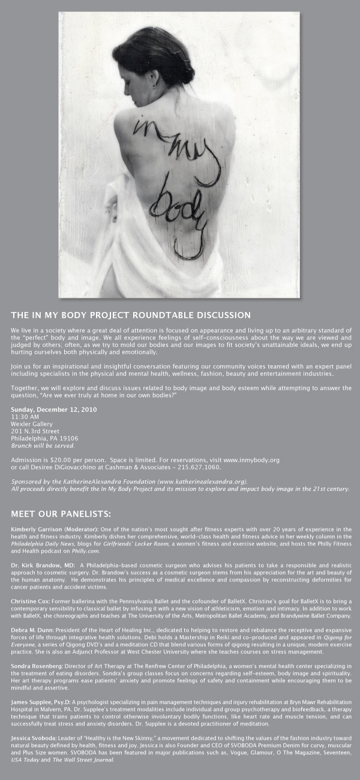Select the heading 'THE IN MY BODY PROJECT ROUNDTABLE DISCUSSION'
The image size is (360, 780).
pyautogui.click(x=131, y=315)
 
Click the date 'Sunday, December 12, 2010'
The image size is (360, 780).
pyautogui.click(x=54, y=409)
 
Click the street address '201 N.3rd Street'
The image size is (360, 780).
pyautogui.click(x=35, y=431)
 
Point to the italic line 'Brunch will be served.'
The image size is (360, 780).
pyautogui.click(x=43, y=445)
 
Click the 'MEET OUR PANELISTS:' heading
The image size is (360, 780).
pyautogui.click(x=61, y=514)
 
